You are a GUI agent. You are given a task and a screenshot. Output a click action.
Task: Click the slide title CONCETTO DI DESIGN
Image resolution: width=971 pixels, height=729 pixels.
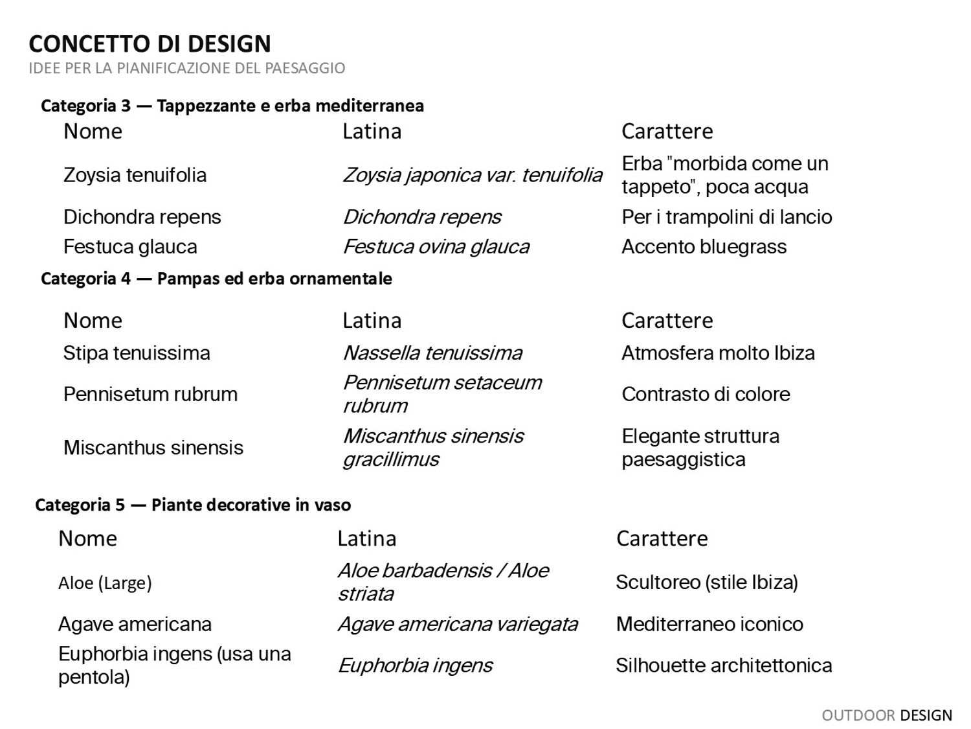[150, 43]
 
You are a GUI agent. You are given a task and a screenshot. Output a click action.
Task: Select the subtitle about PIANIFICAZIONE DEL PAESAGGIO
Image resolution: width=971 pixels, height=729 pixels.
[186, 68]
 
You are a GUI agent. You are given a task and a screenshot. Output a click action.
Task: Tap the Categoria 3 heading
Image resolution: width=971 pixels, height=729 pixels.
[232, 106]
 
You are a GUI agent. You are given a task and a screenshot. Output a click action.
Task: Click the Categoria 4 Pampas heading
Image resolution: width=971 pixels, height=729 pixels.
[216, 279]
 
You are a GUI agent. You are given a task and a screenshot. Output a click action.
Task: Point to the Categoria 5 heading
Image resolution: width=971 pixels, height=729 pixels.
[193, 505]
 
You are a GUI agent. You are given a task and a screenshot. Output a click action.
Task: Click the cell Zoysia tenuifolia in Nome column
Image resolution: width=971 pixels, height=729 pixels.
[135, 175]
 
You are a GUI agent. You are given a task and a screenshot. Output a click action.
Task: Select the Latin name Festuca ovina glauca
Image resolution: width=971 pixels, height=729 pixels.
[436, 247]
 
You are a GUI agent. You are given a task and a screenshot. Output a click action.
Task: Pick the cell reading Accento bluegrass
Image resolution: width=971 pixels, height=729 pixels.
[704, 247]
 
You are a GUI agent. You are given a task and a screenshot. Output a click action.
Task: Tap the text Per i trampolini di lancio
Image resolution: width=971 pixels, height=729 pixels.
[726, 217]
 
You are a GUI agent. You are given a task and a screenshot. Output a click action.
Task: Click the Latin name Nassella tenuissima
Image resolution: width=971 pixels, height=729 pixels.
[432, 353]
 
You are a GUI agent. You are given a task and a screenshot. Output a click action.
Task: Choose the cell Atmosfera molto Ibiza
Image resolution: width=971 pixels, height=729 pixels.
[718, 353]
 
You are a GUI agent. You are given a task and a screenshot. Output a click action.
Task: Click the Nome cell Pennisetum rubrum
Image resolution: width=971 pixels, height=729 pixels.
[150, 394]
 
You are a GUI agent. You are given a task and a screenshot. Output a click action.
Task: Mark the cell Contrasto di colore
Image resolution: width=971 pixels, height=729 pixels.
[706, 394]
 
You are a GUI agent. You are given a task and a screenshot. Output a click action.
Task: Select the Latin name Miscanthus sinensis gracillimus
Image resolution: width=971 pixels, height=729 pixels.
[432, 448]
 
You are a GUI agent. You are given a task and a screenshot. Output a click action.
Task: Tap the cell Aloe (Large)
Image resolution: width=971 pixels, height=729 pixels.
[105, 583]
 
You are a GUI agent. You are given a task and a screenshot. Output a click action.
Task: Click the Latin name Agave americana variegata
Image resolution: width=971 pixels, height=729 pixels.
[458, 624]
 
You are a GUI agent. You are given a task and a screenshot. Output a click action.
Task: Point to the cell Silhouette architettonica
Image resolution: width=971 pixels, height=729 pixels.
[724, 665]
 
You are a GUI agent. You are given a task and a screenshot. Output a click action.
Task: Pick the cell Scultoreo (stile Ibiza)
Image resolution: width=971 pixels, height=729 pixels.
[706, 583]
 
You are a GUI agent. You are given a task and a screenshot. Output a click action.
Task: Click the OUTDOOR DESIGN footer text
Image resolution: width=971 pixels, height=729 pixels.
[886, 715]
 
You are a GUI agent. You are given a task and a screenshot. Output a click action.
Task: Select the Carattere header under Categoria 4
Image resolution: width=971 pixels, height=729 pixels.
[667, 321]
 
